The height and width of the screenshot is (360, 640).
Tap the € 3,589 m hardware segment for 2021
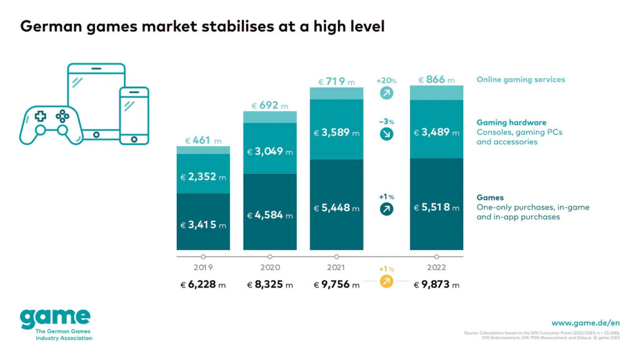pyautogui.click(x=336, y=132)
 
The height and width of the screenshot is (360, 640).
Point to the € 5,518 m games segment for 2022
pyautogui.click(x=436, y=207)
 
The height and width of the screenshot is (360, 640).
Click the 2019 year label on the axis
pyautogui.click(x=203, y=267)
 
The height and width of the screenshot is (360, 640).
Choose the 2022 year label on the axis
pyautogui.click(x=436, y=267)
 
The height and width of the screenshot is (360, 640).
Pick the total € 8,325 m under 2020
pyautogui.click(x=270, y=285)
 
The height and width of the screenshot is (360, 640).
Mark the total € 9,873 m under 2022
pyautogui.click(x=436, y=285)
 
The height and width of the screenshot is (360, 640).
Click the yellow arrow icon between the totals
pyautogui.click(x=386, y=282)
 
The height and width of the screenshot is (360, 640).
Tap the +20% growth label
pyautogui.click(x=386, y=81)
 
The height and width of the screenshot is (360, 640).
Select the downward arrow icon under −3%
pyautogui.click(x=386, y=134)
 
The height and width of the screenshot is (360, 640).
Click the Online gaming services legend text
pyautogui.click(x=521, y=80)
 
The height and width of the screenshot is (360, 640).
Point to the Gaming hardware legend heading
pyautogui.click(x=511, y=122)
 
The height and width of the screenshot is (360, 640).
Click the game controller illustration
pyautogui.click(x=51, y=122)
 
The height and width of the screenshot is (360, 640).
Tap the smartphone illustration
pyautogui.click(x=134, y=116)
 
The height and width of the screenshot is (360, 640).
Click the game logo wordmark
pyautogui.click(x=55, y=318)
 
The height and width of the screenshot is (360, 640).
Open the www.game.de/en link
pyautogui.click(x=585, y=322)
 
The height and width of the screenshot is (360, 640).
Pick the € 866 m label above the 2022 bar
pyautogui.click(x=436, y=80)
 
